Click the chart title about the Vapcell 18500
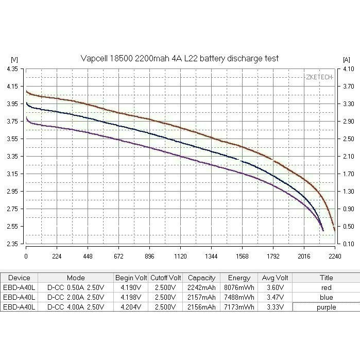tap(180, 59)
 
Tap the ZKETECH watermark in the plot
tap(319, 77)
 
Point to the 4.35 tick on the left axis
tap(12, 69)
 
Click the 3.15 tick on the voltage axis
tap(12, 174)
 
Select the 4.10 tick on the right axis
tap(348, 69)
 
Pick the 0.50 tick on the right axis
tap(348, 227)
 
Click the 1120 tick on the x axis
tap(180, 255)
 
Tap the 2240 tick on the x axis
tap(335, 255)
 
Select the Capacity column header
tap(201, 278)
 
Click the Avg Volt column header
tap(273, 278)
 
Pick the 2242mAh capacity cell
tap(201, 287)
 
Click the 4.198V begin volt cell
tap(131, 297)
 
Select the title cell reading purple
tap(325, 307)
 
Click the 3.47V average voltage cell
tap(273, 297)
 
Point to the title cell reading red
tap(325, 287)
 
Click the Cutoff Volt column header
tap(166, 278)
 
